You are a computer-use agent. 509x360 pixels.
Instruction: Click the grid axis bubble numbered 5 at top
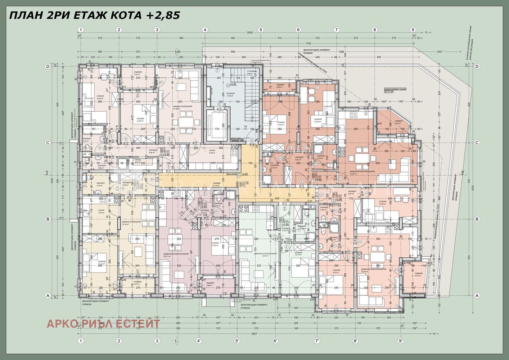pos(260,30)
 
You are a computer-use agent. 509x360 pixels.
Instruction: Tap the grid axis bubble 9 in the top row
pos(413,30)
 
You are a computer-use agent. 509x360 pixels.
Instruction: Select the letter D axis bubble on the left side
pos(47,66)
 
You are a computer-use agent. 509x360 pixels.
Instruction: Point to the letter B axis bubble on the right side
pos(477,219)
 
